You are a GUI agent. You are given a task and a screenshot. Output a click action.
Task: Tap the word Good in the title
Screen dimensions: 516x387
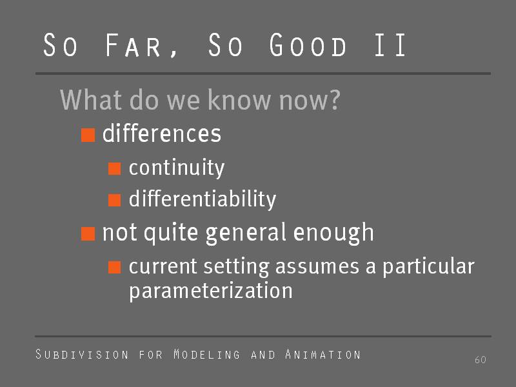(x=308, y=45)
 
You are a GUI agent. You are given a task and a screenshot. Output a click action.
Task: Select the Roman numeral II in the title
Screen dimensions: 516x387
(x=390, y=45)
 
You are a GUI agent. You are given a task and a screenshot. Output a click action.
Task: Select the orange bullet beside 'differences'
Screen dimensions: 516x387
(x=88, y=135)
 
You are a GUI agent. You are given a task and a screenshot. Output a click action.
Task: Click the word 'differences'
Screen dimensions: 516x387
(x=162, y=134)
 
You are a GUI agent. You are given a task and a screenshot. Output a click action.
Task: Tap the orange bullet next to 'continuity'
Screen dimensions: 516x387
(x=115, y=169)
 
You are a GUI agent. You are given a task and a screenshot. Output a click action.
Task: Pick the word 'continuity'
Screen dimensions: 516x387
(x=177, y=168)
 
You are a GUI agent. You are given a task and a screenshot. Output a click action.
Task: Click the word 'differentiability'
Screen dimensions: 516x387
(x=203, y=199)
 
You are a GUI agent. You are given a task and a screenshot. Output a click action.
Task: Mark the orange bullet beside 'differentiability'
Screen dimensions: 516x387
(x=115, y=200)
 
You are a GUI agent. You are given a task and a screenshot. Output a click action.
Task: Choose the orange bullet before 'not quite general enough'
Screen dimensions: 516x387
(x=88, y=233)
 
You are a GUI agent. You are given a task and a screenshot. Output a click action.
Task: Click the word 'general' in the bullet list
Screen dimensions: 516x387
(x=246, y=233)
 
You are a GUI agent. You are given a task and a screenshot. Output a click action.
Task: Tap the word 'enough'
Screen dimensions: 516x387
(x=333, y=233)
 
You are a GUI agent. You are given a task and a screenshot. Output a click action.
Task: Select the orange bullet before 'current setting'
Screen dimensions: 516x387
(x=115, y=267)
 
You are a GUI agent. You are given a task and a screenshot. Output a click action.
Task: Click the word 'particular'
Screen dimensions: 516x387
(x=428, y=266)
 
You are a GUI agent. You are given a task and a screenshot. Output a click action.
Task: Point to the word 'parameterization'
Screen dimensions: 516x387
(x=211, y=291)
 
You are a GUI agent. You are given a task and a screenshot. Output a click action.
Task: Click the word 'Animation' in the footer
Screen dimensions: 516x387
(x=323, y=354)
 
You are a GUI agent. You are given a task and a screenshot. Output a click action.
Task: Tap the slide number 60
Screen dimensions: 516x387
(x=480, y=360)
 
